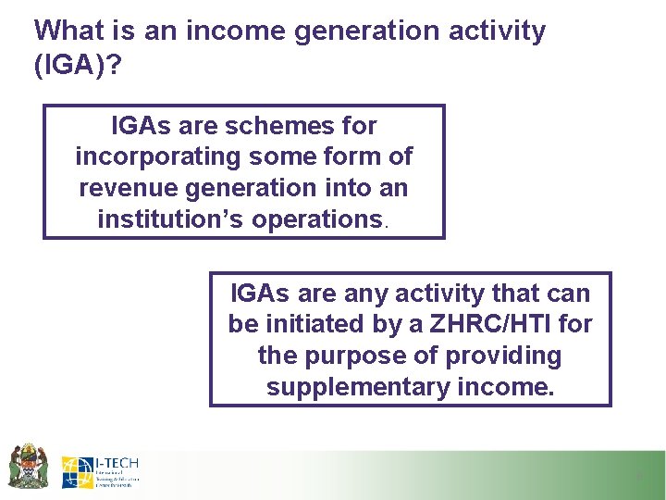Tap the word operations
pyautogui.click(x=316, y=219)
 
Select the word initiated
pyautogui.click(x=311, y=325)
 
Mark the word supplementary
pyautogui.click(x=357, y=387)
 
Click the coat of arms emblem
pyautogui.click(x=28, y=466)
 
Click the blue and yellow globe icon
pyautogui.click(x=77, y=472)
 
